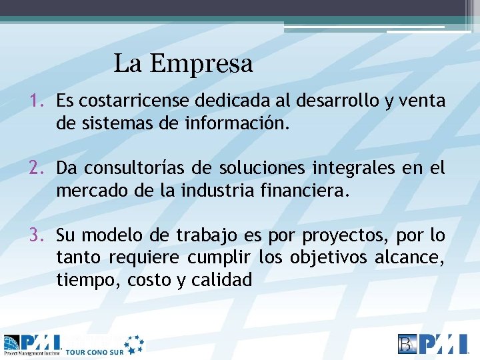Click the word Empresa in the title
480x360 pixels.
click(x=201, y=64)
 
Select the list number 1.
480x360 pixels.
click(x=35, y=101)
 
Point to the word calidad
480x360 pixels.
click(x=222, y=280)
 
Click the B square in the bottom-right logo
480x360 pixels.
click(x=406, y=343)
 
